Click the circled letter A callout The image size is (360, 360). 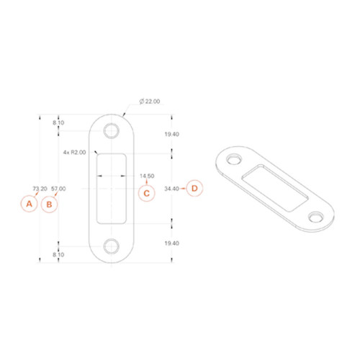29,204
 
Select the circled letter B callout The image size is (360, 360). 49,204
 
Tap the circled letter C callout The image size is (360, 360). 147,193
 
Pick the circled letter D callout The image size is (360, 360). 194,188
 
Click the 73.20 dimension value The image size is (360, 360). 40,189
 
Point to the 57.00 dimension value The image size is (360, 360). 58,189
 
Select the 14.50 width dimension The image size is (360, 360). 147,176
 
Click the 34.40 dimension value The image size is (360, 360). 171,189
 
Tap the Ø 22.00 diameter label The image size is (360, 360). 150,102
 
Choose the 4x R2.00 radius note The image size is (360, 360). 74,152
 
